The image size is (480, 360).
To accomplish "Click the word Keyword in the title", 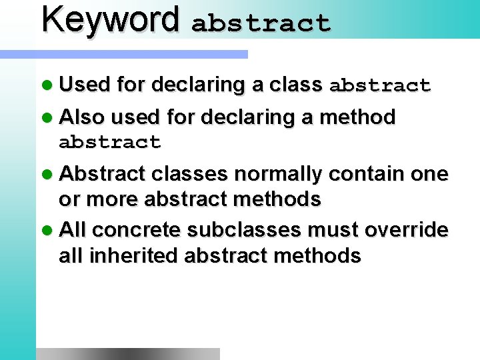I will (111, 20).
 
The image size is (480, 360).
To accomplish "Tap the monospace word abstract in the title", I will (261, 23).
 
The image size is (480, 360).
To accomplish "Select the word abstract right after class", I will (380, 86).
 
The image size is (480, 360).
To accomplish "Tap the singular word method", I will (358, 117).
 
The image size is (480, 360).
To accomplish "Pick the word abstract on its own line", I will (110, 142).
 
